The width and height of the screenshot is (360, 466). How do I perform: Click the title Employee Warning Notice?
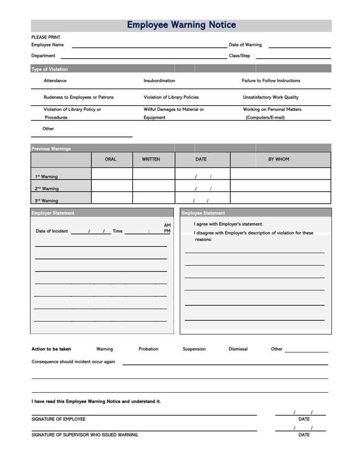181,25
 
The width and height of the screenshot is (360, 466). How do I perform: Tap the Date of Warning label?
245,45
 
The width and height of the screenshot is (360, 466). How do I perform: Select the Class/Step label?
239,56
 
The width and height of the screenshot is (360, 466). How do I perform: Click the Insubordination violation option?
159,81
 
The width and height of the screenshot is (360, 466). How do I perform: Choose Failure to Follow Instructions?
271,81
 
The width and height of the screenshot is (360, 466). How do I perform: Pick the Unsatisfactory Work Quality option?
270,98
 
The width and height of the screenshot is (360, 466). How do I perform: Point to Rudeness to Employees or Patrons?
79,98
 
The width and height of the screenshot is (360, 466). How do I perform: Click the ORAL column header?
111,160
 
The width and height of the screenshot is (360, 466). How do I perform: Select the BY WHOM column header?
279,160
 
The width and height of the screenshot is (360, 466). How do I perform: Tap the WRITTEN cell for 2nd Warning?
153,186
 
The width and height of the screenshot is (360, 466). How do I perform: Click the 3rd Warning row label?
47,201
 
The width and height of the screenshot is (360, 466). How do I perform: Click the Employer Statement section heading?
53,213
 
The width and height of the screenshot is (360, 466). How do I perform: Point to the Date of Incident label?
52,231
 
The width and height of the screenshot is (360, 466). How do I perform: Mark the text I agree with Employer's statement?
228,224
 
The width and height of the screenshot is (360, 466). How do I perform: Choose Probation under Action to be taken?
148,349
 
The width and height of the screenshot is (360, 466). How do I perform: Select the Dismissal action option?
238,349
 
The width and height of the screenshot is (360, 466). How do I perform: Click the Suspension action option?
194,349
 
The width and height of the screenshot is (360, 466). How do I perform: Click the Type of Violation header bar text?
50,69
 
